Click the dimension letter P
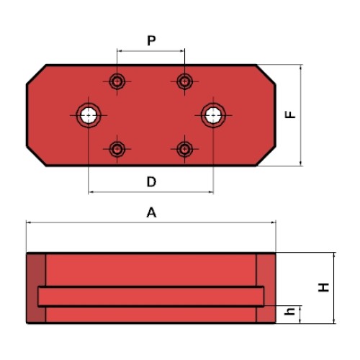click(151, 40)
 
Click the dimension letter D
click(151, 181)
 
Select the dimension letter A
click(151, 212)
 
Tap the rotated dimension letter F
click(290, 114)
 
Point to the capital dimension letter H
click(323, 287)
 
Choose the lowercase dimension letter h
click(289, 311)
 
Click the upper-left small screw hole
click(117, 81)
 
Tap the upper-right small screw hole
click(184, 81)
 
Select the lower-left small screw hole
click(117, 149)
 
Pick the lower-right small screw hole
click(184, 149)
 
